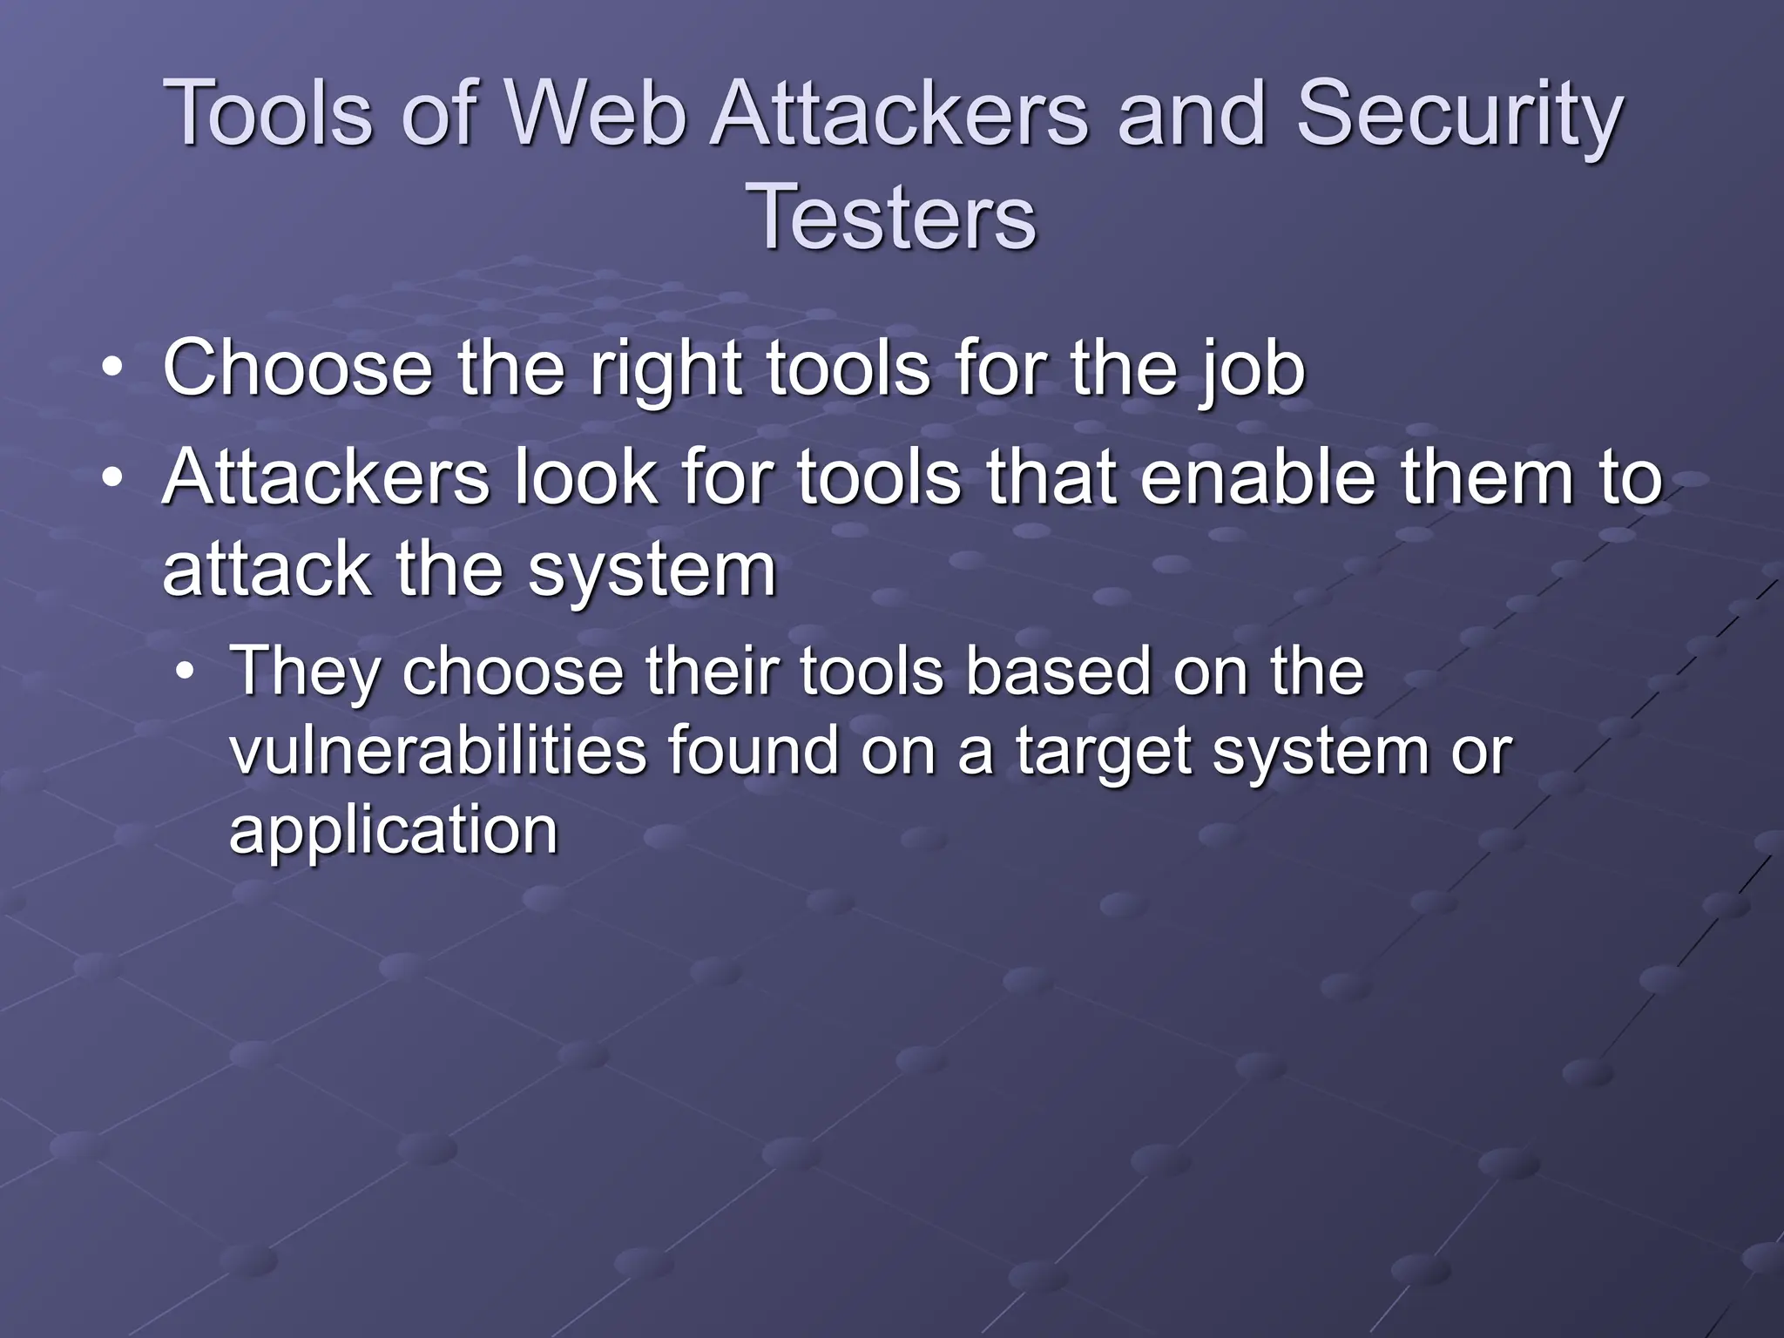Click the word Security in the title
click(x=1459, y=115)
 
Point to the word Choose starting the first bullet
click(x=297, y=368)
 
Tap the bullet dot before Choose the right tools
click(x=111, y=368)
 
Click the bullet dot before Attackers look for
click(x=111, y=477)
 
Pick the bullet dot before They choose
click(x=184, y=672)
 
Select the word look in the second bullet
click(x=585, y=476)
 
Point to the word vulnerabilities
click(x=437, y=750)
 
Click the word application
click(x=393, y=831)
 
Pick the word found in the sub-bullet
click(x=754, y=750)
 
